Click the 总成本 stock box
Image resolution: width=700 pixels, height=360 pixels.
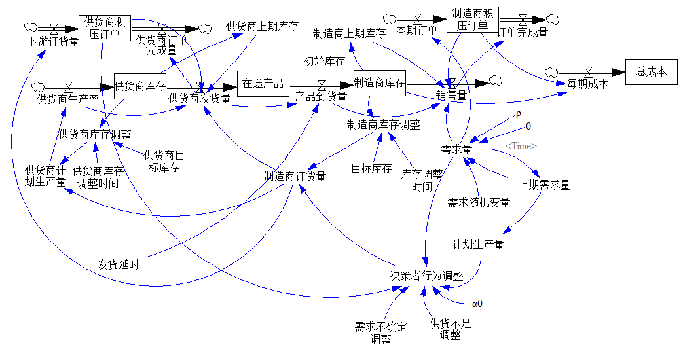point(651,72)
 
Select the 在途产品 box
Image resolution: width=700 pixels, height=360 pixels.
point(263,83)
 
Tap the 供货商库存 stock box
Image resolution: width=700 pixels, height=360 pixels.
point(140,86)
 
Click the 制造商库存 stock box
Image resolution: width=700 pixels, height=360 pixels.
point(379,83)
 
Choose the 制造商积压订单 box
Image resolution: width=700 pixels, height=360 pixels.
point(472,20)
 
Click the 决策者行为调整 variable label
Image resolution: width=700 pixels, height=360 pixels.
point(426,276)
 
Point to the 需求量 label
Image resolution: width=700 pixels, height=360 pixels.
point(456,149)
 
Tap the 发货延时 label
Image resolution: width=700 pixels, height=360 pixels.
point(119,265)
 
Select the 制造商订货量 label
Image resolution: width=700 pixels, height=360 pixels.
point(295,176)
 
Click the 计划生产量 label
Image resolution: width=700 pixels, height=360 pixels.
point(478,244)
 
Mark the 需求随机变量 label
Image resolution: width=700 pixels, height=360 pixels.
point(479,202)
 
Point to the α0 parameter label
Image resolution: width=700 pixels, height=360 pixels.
point(477,304)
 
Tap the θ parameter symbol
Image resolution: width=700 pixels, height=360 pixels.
point(528,125)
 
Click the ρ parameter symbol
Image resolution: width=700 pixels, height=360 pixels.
point(519,113)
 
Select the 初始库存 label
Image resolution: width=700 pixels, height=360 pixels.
point(324,62)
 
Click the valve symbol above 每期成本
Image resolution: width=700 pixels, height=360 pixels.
point(588,71)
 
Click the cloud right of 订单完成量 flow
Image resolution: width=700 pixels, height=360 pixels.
point(553,20)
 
